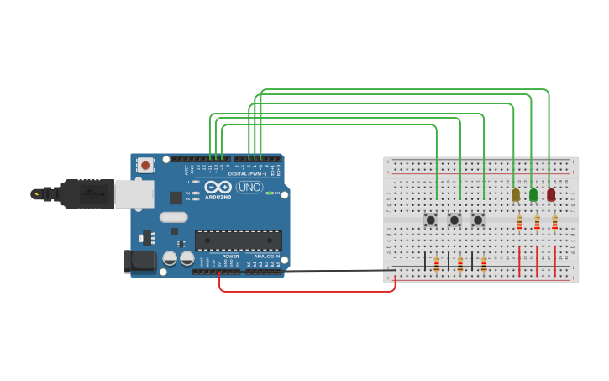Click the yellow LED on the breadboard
point(516,194)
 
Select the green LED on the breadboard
point(533,194)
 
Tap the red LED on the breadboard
point(551,194)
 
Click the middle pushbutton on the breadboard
point(454,220)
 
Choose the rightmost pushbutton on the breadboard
point(478,220)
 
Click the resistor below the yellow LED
point(519,223)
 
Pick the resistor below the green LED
point(537,223)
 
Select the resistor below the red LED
point(554,223)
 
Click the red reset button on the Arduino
point(145,166)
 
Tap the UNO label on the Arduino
point(249,188)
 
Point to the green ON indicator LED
point(268,193)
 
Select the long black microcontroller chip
point(238,241)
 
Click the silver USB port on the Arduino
point(134,193)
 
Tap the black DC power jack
point(140,260)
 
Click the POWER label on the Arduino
point(230,257)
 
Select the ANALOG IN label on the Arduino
point(266,257)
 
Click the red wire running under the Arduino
point(307,291)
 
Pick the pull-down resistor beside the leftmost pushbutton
point(437,263)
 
